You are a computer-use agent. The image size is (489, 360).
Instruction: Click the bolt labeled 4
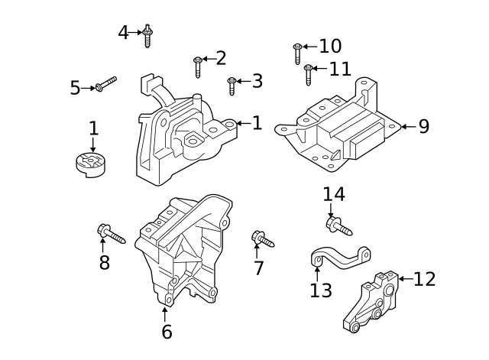(147, 35)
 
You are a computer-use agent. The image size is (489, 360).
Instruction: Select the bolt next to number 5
(105, 84)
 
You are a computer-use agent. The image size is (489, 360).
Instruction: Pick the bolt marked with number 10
(297, 52)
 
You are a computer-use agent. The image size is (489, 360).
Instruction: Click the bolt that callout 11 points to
(309, 73)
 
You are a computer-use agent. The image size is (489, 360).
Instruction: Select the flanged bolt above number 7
(261, 240)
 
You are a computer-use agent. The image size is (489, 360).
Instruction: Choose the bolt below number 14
(339, 225)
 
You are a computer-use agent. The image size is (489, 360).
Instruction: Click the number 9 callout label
(424, 126)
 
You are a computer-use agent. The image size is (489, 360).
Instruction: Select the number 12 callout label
(424, 279)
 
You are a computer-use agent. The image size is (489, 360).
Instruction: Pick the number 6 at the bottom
(167, 332)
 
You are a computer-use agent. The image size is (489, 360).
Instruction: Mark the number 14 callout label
(333, 194)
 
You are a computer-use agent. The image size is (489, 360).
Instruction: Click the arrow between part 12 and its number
(404, 279)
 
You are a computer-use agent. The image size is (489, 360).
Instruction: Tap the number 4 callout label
(124, 32)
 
